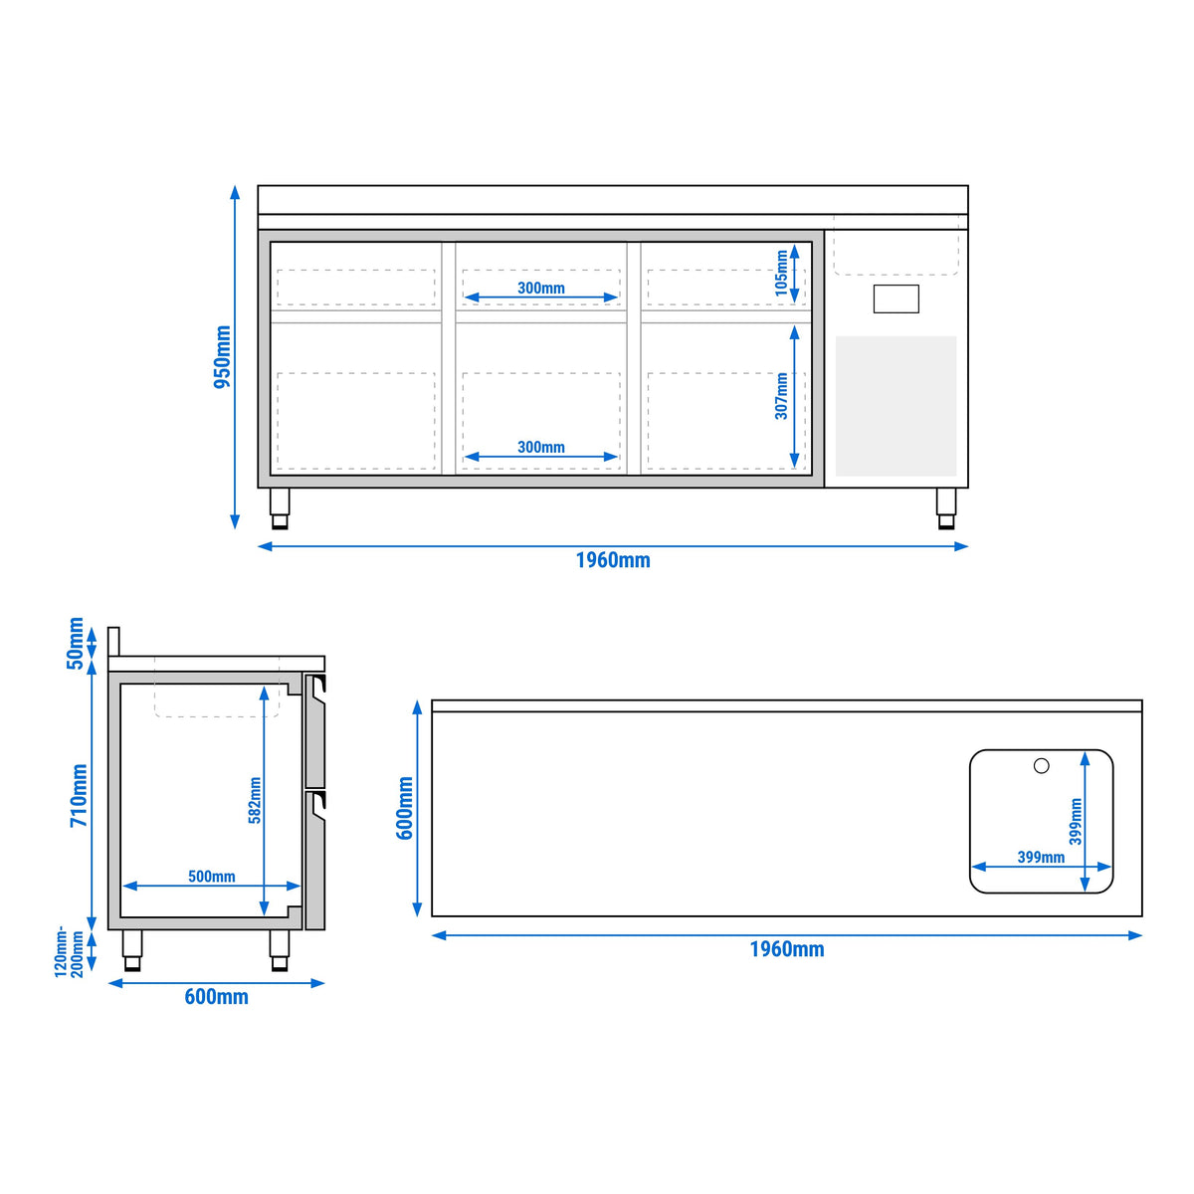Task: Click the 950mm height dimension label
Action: pos(223,357)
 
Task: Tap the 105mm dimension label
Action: pos(781,274)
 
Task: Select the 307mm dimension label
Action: pos(781,396)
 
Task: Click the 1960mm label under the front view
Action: pos(613,560)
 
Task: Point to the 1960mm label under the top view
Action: pos(787,948)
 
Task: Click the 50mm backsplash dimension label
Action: pos(76,643)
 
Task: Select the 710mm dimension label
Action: pos(80,796)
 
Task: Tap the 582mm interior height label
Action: pos(255,801)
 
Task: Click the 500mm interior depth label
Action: pos(212,877)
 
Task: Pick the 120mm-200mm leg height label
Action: pos(69,952)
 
